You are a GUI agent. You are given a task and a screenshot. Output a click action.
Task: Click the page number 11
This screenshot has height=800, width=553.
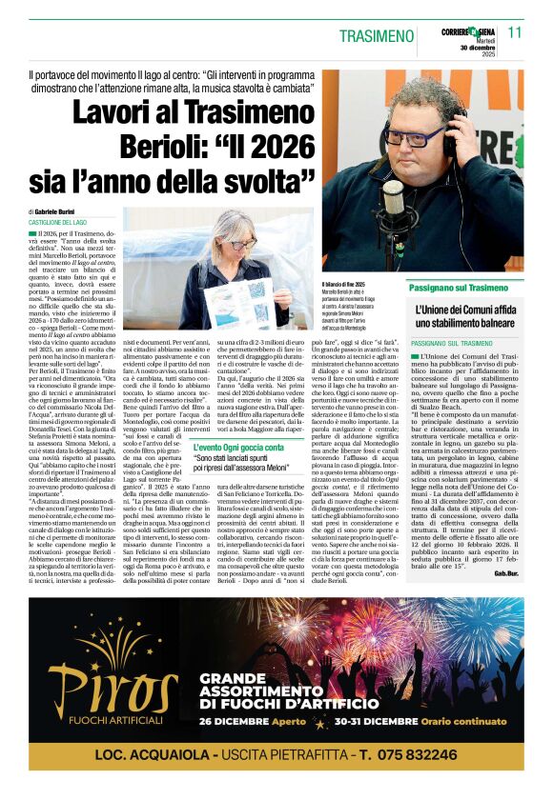(x=515, y=31)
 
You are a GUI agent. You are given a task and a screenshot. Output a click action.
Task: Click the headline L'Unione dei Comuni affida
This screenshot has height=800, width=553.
(x=465, y=311)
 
